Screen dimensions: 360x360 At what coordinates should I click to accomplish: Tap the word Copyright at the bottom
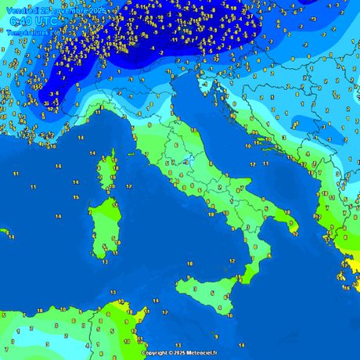tap(156, 353)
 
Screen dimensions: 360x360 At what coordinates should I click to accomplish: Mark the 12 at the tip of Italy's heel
tap(295, 233)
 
